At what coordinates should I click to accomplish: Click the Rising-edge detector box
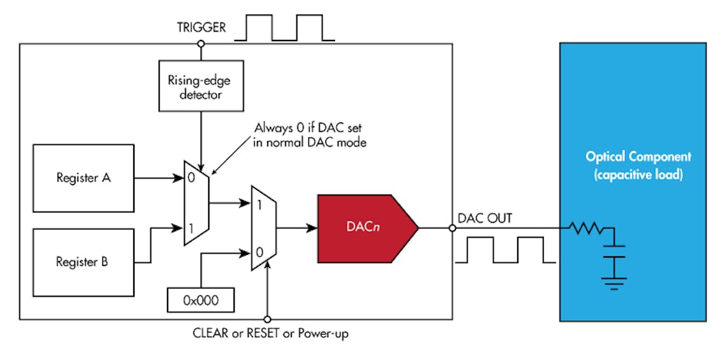coord(201,86)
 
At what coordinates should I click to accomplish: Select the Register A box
coord(83,178)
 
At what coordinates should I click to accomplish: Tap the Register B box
coord(83,262)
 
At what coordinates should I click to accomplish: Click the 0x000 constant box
coord(201,300)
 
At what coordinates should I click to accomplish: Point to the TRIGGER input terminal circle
coord(201,44)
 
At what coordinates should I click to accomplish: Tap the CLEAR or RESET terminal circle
coord(268,319)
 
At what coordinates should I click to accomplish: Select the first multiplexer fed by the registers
coord(196,203)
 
